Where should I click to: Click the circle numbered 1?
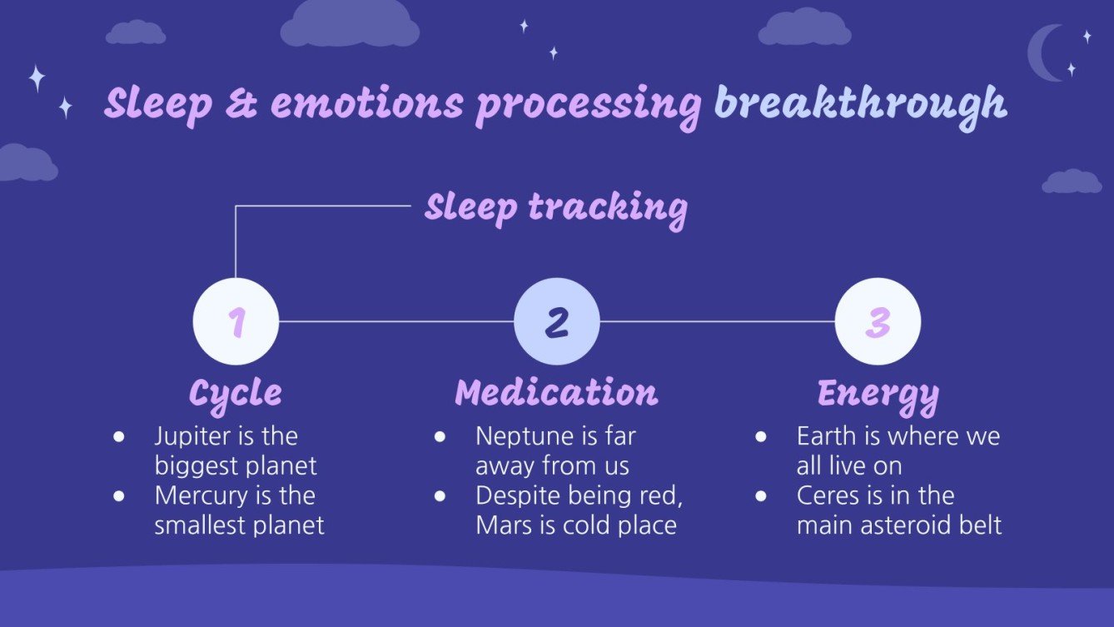(236, 321)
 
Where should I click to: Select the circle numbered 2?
(556, 321)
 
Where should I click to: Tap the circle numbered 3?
(878, 321)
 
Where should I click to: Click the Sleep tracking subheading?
(555, 207)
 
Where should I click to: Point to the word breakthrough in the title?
(860, 105)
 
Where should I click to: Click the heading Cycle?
(235, 393)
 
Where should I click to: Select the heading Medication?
(556, 393)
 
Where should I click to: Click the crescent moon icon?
(1044, 53)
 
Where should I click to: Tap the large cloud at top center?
(349, 25)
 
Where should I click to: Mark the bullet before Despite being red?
(440, 495)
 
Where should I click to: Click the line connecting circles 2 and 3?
(717, 321)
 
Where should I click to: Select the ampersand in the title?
(241, 105)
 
